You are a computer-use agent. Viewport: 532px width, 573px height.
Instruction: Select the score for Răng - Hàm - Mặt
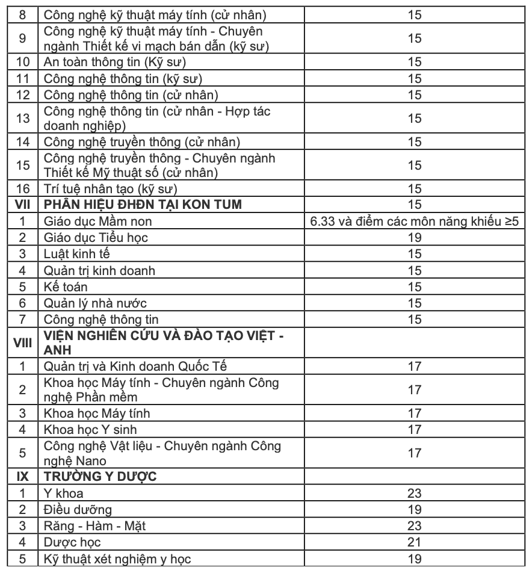(414, 525)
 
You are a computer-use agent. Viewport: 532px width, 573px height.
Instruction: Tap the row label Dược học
(72, 542)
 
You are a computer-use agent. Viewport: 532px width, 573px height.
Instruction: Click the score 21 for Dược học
(414, 542)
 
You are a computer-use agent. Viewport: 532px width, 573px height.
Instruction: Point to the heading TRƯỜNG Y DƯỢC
(101, 477)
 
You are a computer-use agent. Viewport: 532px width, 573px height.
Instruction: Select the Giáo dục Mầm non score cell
(414, 221)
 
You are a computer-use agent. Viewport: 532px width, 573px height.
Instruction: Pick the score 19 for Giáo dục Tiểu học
(414, 237)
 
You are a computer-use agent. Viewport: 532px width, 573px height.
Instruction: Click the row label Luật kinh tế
(77, 253)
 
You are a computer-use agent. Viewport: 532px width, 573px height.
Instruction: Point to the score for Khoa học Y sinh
(414, 429)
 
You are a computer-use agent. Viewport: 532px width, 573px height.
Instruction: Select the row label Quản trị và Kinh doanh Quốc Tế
(135, 365)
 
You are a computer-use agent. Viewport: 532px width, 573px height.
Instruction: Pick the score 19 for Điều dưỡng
(414, 509)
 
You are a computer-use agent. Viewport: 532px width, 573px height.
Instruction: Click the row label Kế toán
(66, 286)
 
